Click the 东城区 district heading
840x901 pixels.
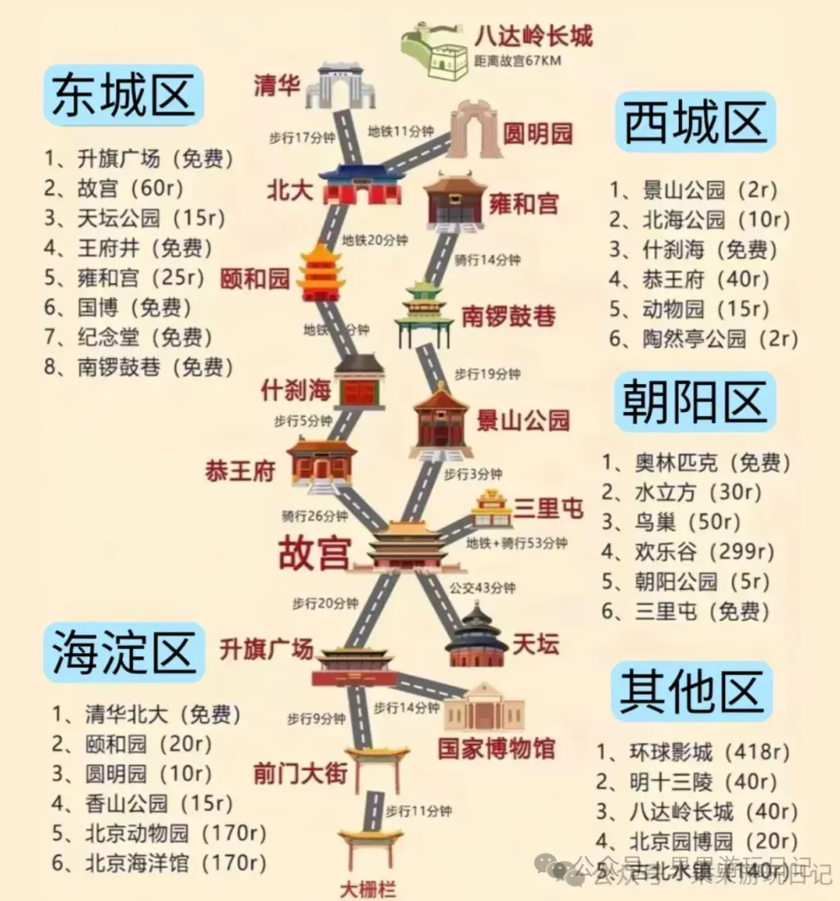123,96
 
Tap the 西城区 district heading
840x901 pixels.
695,122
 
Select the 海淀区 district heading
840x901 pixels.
123,652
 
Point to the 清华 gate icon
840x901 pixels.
340,86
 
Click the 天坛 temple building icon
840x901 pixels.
476,637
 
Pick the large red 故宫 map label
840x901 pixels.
313,553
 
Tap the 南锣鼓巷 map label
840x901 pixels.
509,316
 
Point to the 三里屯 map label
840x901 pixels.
548,508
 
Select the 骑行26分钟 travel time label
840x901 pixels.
314,516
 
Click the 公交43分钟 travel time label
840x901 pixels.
482,588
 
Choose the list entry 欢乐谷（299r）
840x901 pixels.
688,552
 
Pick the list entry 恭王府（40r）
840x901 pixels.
688,279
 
